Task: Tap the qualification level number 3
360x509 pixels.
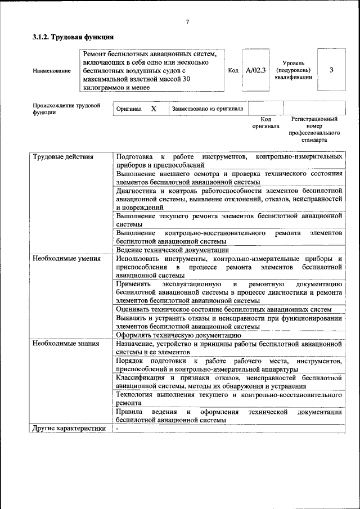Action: (331, 70)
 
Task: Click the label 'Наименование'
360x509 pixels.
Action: (52, 71)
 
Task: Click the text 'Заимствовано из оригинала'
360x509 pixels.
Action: (207, 109)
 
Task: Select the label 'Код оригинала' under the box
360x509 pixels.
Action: (265, 123)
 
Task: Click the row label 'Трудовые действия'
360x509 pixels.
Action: (62, 156)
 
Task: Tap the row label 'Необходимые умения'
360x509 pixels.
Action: (66, 259)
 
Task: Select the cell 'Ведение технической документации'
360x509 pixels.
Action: (172, 250)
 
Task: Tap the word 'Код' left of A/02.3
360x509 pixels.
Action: (233, 70)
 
